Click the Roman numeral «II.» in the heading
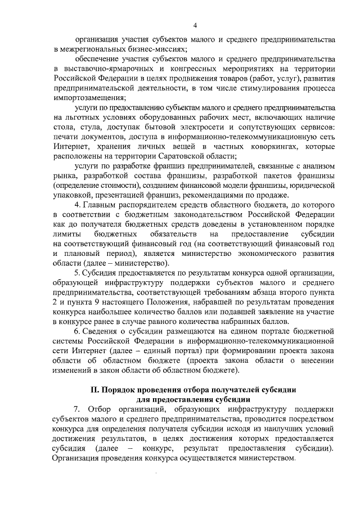(x=97, y=390)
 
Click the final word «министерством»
(x=267, y=458)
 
